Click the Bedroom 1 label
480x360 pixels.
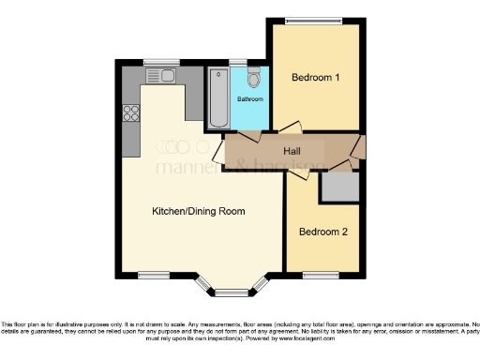point(315,78)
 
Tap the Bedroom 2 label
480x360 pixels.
point(323,231)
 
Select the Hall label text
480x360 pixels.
point(292,150)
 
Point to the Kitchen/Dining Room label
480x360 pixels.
point(199,211)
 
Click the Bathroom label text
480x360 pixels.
point(249,98)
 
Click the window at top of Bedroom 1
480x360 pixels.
point(314,21)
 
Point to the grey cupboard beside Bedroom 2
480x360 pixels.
point(337,187)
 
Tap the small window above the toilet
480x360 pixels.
point(238,63)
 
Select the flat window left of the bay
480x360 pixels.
point(152,275)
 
